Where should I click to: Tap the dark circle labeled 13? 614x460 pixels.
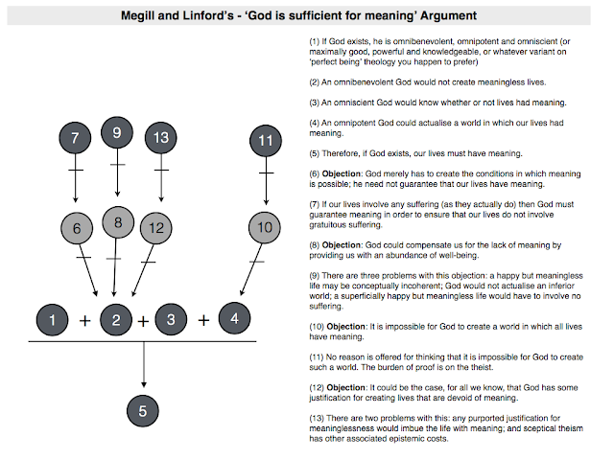coord(161,137)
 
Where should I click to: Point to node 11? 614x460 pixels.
coord(266,141)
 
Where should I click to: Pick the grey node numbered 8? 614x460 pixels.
coord(117,222)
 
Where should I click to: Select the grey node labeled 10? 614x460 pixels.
coord(266,227)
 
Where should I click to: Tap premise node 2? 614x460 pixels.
coord(115,320)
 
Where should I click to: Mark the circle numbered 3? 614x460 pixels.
coord(171,320)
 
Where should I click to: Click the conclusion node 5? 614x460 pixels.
coord(142,410)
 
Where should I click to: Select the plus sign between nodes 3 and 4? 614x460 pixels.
coord(203,319)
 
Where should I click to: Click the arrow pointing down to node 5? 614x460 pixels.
coord(142,369)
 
